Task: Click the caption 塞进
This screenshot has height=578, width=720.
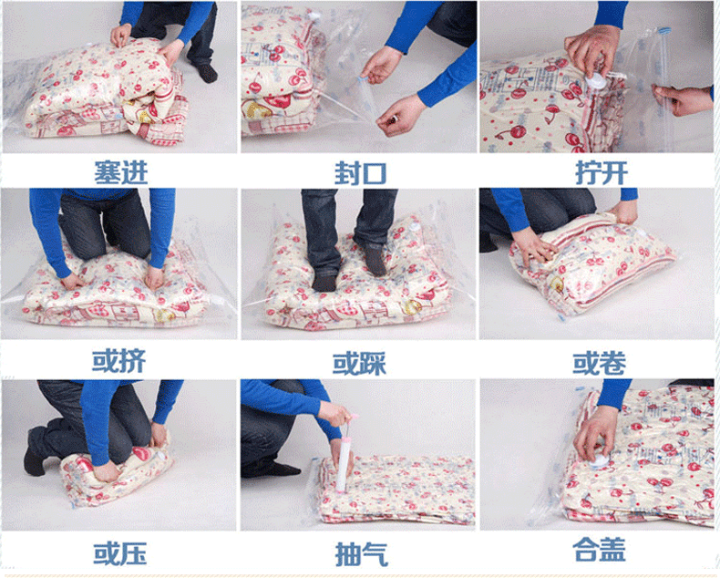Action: click(x=121, y=172)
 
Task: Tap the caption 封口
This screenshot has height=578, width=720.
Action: click(x=361, y=173)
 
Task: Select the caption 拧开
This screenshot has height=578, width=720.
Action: click(x=602, y=173)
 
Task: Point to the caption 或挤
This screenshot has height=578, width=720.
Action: click(x=119, y=361)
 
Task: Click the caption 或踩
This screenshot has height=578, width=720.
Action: click(x=359, y=364)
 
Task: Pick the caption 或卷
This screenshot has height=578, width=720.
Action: click(x=599, y=363)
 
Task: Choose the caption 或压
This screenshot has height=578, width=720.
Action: click(x=120, y=552)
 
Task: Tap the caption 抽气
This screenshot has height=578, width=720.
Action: click(x=362, y=554)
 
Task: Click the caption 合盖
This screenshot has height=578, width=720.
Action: click(x=599, y=549)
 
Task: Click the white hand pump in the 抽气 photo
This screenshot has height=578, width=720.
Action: click(x=344, y=464)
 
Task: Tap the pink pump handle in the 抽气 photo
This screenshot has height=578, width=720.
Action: click(x=353, y=419)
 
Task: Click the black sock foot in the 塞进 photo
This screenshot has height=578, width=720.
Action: click(x=206, y=73)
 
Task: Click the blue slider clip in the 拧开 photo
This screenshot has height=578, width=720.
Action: click(x=664, y=31)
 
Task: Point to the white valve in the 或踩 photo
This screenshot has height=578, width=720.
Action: click(x=414, y=226)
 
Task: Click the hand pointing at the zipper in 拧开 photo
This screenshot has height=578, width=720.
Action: click(x=683, y=98)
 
